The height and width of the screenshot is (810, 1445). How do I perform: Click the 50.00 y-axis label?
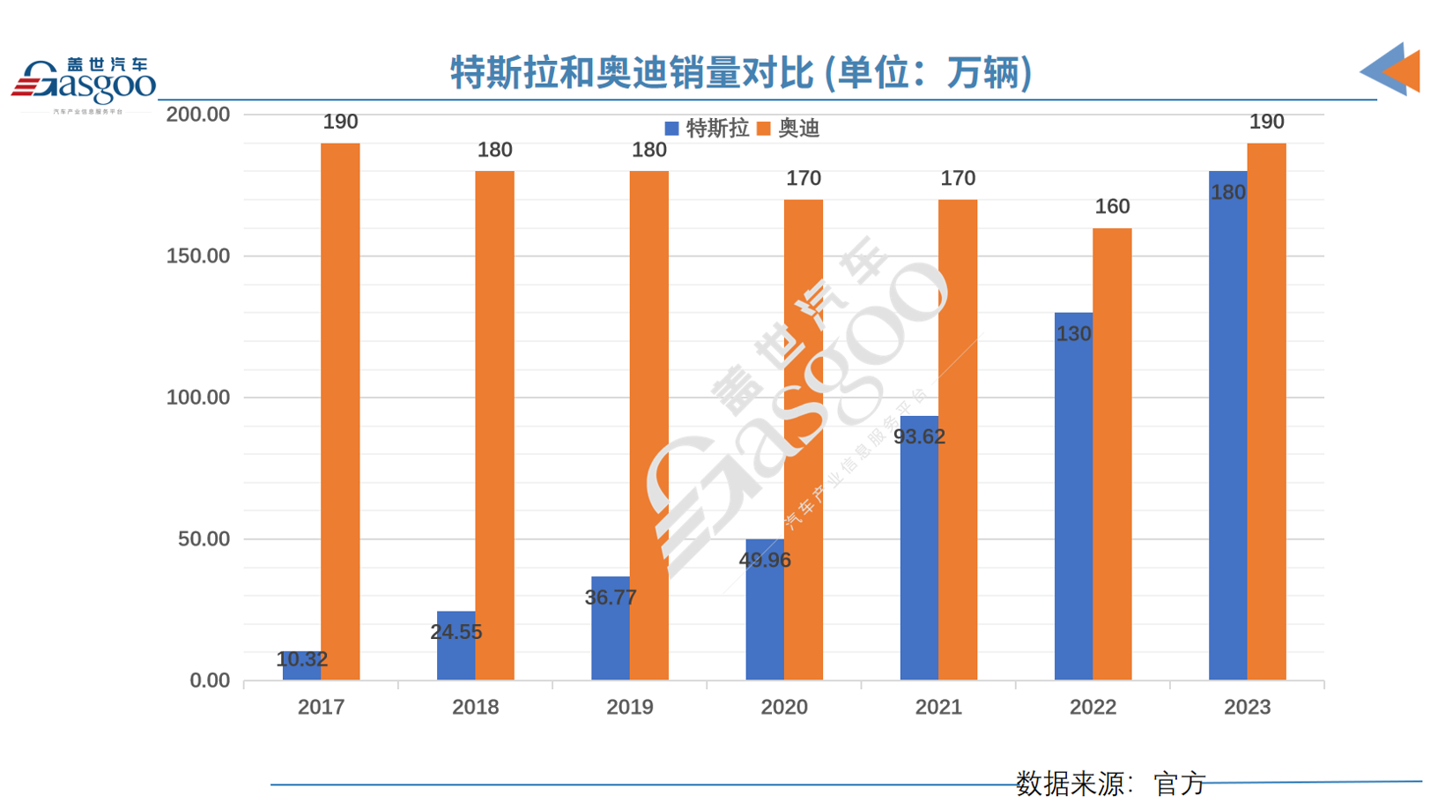pyautogui.click(x=204, y=539)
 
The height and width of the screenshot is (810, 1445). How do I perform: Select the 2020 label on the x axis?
pyautogui.click(x=784, y=707)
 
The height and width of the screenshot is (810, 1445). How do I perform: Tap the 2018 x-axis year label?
pyautogui.click(x=475, y=707)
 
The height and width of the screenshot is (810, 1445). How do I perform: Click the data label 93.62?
pyautogui.click(x=919, y=437)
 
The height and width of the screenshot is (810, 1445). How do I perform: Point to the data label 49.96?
pyautogui.click(x=765, y=561)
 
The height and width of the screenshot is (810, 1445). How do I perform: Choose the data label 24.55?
pyautogui.click(x=456, y=632)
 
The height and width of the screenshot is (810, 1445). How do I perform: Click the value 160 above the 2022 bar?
pyautogui.click(x=1112, y=207)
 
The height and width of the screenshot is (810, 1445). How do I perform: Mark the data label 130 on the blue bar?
pyautogui.click(x=1073, y=334)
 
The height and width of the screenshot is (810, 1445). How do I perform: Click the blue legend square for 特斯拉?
pyautogui.click(x=671, y=129)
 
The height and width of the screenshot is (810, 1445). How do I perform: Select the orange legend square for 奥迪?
pyautogui.click(x=764, y=129)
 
